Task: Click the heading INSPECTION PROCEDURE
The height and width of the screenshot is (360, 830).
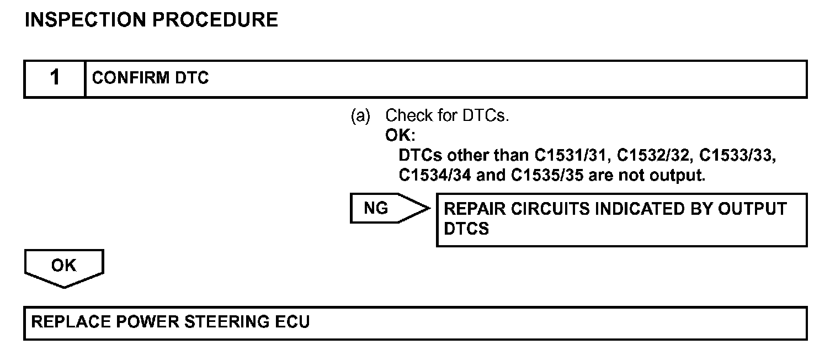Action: click(x=152, y=20)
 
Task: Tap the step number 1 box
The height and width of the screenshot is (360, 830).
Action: click(x=55, y=78)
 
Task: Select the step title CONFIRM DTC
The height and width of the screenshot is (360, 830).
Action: click(x=151, y=78)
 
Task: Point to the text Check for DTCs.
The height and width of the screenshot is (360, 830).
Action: click(x=446, y=117)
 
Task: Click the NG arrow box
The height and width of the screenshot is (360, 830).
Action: click(x=386, y=209)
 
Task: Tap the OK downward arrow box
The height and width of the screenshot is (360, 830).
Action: click(x=64, y=268)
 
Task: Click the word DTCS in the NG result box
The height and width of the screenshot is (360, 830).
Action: click(x=466, y=229)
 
